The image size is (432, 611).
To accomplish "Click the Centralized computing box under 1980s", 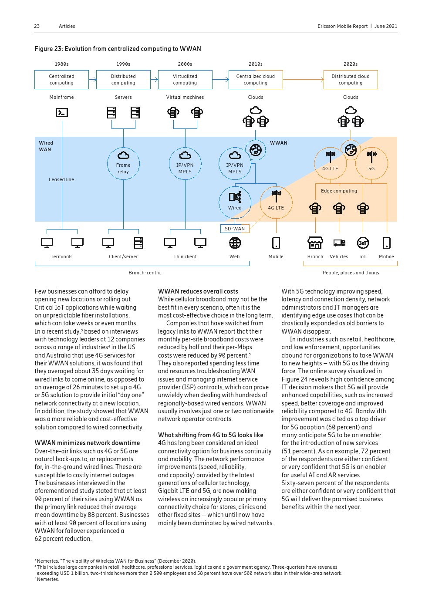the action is coord(61,80).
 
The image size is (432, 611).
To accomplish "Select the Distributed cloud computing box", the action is coord(351,80).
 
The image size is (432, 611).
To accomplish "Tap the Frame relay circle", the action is coord(123,164).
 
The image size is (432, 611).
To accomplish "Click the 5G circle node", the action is coord(371,163).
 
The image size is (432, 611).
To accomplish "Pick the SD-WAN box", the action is coord(235,229).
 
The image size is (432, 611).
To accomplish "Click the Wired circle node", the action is coord(235,202).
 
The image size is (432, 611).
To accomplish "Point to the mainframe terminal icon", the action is coord(62,112).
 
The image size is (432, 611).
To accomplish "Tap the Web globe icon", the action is coord(235,243).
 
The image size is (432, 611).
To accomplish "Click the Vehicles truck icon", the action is coord(339,243).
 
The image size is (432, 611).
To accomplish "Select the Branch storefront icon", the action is coord(315,243).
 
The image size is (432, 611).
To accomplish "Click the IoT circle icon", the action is coord(363,243).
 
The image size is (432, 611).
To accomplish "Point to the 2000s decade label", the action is coord(185,64).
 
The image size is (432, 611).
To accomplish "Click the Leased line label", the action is coord(61,179).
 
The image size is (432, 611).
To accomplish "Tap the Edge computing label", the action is coord(339,191).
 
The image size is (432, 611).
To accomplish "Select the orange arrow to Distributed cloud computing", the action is coord(303,80).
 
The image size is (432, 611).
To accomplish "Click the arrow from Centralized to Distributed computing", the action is coord(93,80).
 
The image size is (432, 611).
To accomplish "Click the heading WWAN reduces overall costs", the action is coord(198,291).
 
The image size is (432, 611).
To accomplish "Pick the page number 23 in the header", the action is coord(37,26).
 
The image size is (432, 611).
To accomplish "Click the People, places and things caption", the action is coord(351,273).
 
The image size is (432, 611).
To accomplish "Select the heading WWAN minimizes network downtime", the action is coord(87,443).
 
